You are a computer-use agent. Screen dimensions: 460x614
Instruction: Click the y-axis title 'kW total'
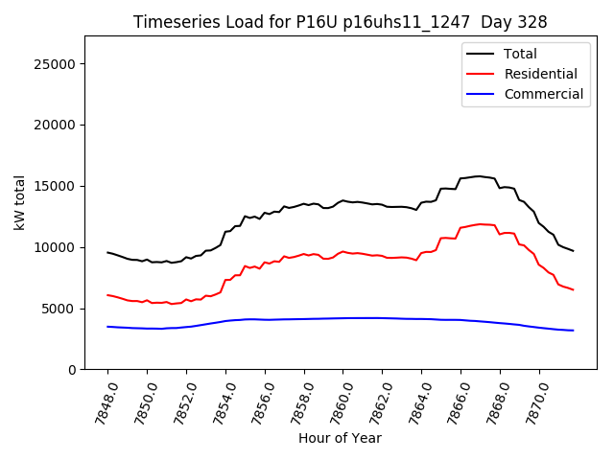click(x=19, y=203)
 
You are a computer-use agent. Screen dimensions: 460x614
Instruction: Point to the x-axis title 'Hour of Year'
click(x=340, y=438)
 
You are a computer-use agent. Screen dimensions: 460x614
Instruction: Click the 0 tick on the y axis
click(x=73, y=370)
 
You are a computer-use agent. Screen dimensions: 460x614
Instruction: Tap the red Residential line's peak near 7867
click(x=480, y=224)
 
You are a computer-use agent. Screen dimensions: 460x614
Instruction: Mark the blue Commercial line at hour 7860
click(x=343, y=318)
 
